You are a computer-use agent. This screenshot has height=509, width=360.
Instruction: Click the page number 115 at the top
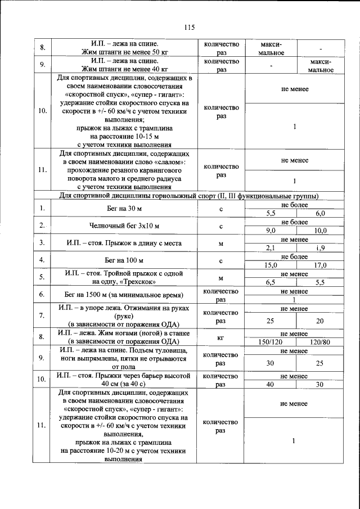click(x=189, y=28)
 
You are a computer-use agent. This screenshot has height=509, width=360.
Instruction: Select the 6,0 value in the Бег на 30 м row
click(x=321, y=214)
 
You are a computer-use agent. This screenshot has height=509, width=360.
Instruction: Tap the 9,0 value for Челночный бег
click(x=271, y=231)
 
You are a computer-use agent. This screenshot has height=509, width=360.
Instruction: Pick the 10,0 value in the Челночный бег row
click(x=321, y=231)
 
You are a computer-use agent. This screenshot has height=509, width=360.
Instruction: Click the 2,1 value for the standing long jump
click(x=271, y=247)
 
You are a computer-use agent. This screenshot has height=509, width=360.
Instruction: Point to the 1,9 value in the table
click(x=321, y=247)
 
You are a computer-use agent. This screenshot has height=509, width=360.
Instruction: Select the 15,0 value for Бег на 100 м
click(x=271, y=265)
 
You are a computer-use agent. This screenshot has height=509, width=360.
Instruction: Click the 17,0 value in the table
click(x=321, y=265)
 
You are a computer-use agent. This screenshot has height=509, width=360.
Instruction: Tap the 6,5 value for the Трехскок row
click(x=271, y=282)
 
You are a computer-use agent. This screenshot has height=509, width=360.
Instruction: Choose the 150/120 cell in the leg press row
click(x=271, y=341)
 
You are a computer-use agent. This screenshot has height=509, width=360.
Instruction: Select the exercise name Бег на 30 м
click(x=125, y=209)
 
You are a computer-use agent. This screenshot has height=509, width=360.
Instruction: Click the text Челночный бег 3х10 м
click(x=125, y=226)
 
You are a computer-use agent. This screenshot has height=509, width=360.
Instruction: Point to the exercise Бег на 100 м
click(x=125, y=260)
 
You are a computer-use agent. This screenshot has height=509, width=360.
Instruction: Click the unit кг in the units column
click(x=220, y=337)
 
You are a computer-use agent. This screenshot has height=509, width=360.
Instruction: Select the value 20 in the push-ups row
click(x=321, y=320)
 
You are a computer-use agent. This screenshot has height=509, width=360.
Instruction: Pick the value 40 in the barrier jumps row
click(x=271, y=384)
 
